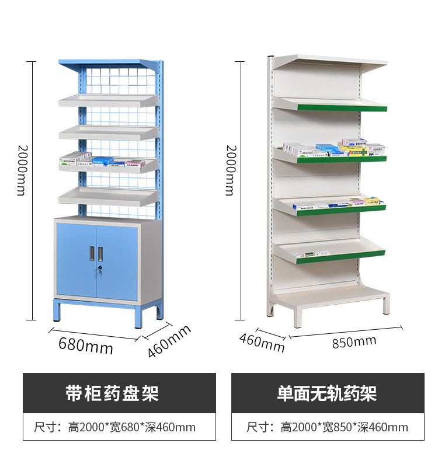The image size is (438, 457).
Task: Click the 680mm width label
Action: pyautogui.click(x=85, y=346)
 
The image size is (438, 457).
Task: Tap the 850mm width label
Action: pyautogui.click(x=354, y=342)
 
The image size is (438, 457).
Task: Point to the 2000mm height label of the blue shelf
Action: pyautogui.click(x=21, y=170)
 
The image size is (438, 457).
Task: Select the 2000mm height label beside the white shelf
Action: pyautogui.click(x=229, y=170)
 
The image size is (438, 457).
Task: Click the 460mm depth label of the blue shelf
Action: pyautogui.click(x=169, y=340)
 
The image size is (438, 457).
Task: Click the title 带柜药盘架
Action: pyautogui.click(x=112, y=393)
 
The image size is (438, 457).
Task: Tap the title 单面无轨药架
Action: pyautogui.click(x=327, y=393)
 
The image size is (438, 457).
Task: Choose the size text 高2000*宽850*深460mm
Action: pyautogui.click(x=344, y=427)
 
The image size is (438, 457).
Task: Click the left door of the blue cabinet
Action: pyautogui.click(x=76, y=261)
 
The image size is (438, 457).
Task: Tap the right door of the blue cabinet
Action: pyautogui.click(x=117, y=261)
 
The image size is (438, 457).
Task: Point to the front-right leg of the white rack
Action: pyautogui.click(x=386, y=304)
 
